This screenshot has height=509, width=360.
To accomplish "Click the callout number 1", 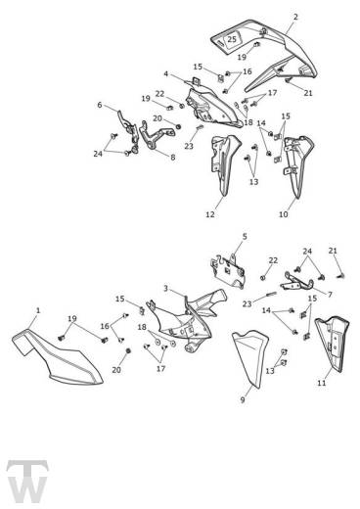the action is (x=38, y=310).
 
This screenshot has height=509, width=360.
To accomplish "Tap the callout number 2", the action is (x=295, y=17).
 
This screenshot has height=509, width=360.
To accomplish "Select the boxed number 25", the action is (x=232, y=39).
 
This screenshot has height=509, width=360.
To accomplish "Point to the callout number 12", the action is (x=210, y=214).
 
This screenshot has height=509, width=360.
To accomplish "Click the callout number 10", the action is (x=284, y=214).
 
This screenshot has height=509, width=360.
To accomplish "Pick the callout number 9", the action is (x=243, y=399).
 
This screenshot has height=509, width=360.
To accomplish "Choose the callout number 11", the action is (x=322, y=383).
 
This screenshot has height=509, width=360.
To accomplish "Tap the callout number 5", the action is (x=245, y=236).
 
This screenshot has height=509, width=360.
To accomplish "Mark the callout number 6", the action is (x=100, y=105).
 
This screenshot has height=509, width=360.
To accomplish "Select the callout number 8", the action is (x=173, y=158).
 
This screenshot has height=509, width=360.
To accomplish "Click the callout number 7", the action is (x=330, y=295).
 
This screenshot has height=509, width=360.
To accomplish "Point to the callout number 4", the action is (x=165, y=74).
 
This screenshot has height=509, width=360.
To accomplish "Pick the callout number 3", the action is (x=165, y=289).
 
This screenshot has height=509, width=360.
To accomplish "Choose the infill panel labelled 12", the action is (x=225, y=163).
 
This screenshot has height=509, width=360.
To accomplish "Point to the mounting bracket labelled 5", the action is (x=228, y=272).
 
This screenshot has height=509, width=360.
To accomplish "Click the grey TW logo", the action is (x=27, y=482).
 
